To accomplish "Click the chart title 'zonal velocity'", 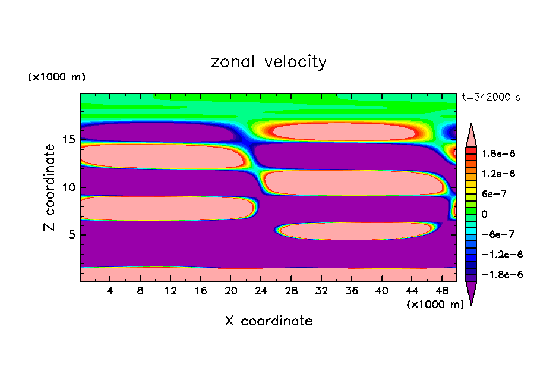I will click(268, 62).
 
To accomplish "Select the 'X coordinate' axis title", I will click(268, 321).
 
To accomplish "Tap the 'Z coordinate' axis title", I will click(50, 187).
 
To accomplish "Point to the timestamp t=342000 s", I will click(491, 98).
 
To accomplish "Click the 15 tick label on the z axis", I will click(69, 140).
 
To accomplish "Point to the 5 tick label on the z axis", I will click(72, 234).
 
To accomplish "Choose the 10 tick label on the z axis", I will click(69, 187).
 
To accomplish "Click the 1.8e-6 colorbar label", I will click(499, 153).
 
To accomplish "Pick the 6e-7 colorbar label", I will click(493, 193).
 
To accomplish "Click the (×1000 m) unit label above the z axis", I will click(56, 77).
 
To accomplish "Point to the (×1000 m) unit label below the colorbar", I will click(435, 305).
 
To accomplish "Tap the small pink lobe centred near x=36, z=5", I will click(355, 231).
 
